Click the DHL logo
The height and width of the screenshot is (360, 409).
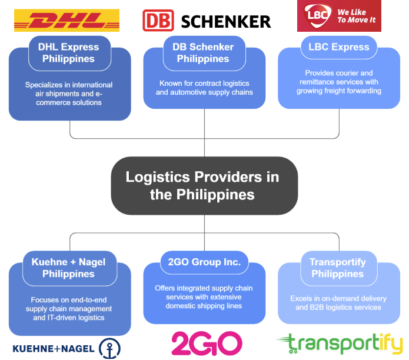tap(66, 21)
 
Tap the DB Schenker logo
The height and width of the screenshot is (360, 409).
tap(207, 21)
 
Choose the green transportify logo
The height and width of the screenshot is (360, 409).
tap(340, 343)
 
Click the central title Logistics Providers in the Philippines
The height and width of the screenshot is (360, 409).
tap(202, 185)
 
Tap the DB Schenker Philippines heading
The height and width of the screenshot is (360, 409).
tap(203, 53)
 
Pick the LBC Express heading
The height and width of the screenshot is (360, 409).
tap(339, 47)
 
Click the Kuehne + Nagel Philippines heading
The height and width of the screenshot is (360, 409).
tap(68, 268)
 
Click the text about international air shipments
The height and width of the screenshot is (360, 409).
tap(69, 94)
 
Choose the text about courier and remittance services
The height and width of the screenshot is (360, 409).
tap(338, 82)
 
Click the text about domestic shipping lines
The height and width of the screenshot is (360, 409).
tap(203, 297)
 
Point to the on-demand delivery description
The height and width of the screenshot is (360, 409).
tap(338, 303)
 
